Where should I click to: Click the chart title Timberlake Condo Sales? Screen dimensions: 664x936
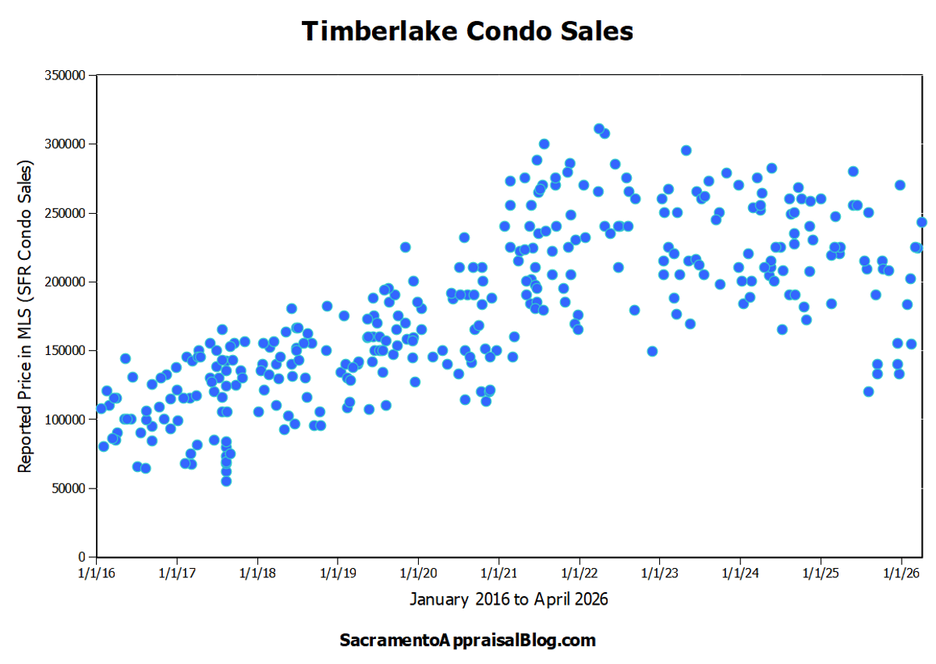coord(467,31)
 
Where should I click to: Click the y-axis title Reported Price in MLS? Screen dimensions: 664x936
coord(25,316)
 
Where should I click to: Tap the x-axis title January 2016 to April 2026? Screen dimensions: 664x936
coord(508,600)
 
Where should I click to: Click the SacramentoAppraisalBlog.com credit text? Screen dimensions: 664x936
coord(467,641)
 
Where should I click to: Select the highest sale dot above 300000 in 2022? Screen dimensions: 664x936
coord(599,129)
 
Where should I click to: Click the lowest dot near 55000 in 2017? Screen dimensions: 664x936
coord(226,481)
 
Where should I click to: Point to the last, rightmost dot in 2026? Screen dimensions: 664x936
coord(922,222)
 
